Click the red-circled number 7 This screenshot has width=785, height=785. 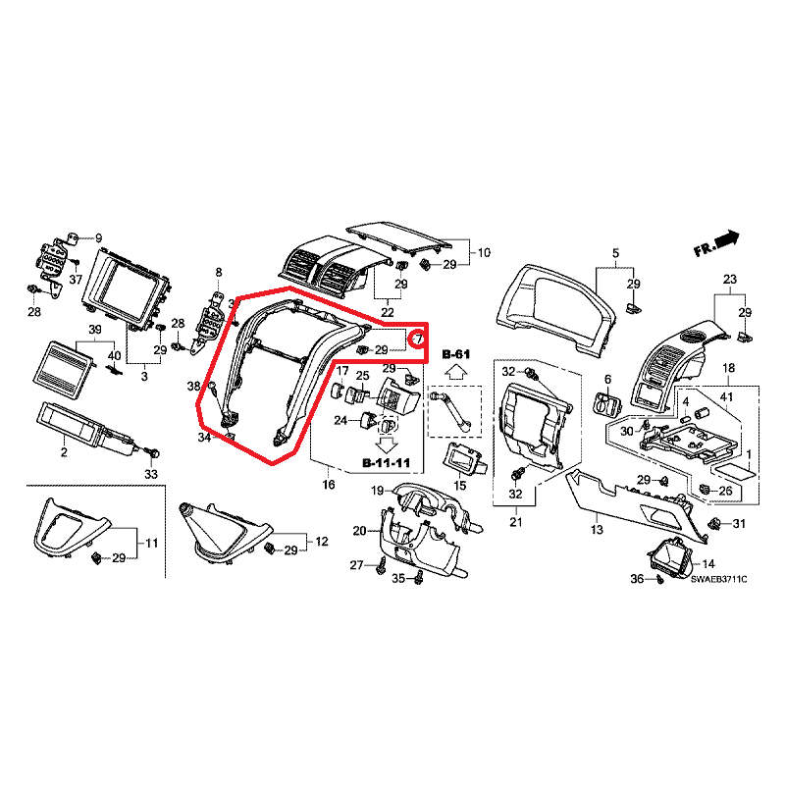tap(419, 340)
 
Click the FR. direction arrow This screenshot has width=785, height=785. tap(727, 239)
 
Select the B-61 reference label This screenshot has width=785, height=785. tap(456, 355)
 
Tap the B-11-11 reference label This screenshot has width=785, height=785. tap(386, 463)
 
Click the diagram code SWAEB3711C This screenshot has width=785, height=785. tap(718, 579)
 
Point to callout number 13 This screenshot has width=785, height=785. tap(597, 529)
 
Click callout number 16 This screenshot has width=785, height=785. tap(329, 485)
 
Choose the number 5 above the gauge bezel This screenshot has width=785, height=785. tap(616, 253)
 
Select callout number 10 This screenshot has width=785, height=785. tap(484, 253)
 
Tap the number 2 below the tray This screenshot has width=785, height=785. tap(64, 452)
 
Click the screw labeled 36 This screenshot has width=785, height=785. tap(659, 580)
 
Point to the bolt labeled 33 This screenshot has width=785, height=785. tap(154, 453)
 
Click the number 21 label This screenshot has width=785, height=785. tap(516, 522)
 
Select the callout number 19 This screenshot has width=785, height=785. tap(377, 491)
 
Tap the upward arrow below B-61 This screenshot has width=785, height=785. tap(456, 373)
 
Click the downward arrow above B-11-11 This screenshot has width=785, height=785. tap(387, 445)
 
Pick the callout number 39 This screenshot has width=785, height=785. tap(94, 330)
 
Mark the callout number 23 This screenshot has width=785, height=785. tap(729, 279)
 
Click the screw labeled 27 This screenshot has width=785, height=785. tap(383, 566)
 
